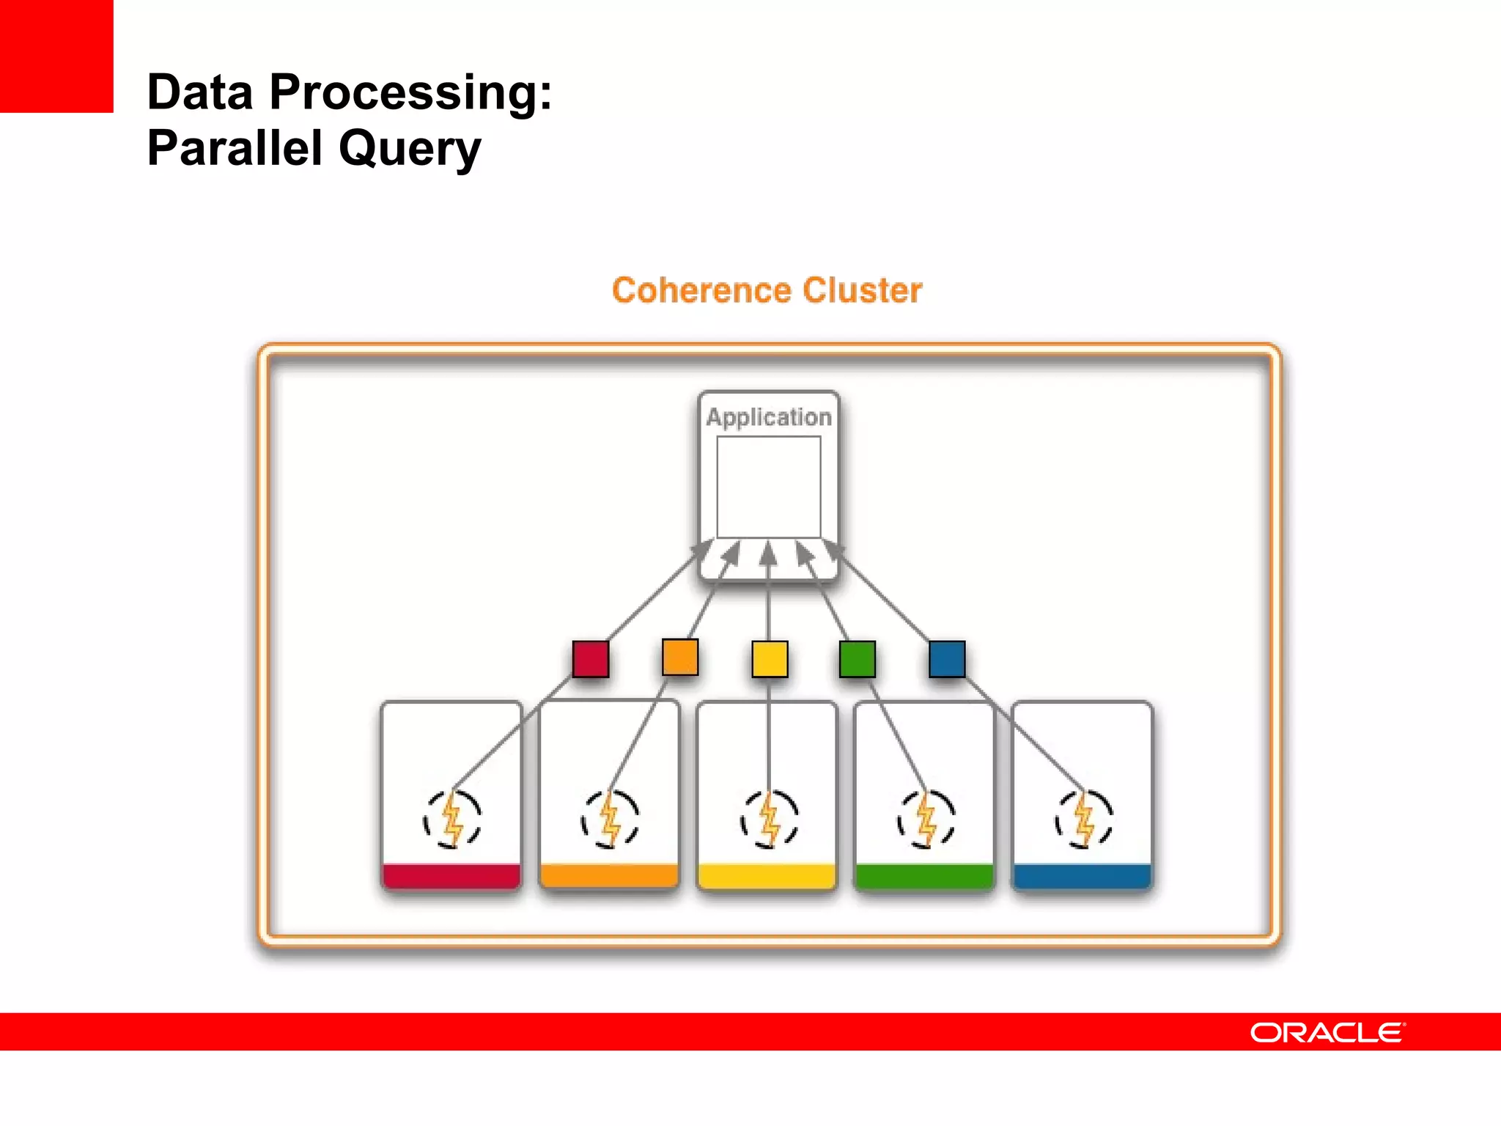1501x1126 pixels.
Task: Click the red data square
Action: pos(591,658)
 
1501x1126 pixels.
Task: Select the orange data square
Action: pos(679,656)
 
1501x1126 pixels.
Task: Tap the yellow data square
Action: pos(770,658)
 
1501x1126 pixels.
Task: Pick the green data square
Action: pos(858,658)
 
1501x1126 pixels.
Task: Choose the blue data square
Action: pos(947,658)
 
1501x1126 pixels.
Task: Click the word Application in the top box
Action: pos(769,417)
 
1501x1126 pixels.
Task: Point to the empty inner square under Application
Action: pos(769,487)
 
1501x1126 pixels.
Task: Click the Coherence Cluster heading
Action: pos(767,290)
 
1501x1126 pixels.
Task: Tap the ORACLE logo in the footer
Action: pos(1327,1032)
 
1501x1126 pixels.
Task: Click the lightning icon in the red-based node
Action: pos(452,820)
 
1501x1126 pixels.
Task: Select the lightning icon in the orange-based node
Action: pos(610,820)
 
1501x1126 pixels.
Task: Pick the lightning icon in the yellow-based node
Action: pos(769,820)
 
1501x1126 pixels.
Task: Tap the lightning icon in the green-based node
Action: pos(926,820)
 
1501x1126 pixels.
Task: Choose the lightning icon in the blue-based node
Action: pos(1084,820)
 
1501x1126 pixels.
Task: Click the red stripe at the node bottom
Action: pos(451,876)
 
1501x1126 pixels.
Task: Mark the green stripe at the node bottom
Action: pos(925,876)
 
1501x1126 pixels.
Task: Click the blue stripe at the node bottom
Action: pos(1083,876)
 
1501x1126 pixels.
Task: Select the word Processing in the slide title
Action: pos(410,93)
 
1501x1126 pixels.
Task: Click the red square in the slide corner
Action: pos(56,56)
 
